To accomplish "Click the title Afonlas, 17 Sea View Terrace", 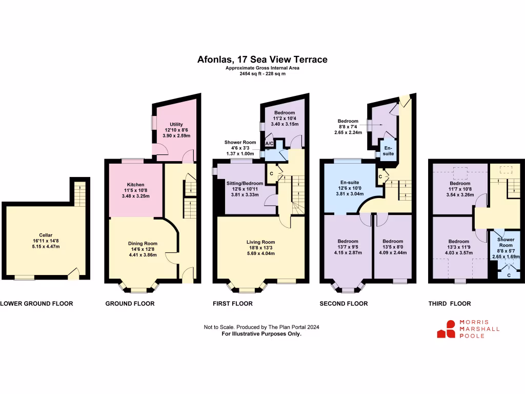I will pyautogui.click(x=262, y=60).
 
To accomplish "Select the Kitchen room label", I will pyautogui.click(x=136, y=185).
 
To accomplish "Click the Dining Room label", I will pyautogui.click(x=143, y=244).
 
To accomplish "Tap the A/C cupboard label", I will pyautogui.click(x=269, y=144).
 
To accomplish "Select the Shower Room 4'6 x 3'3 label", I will pyautogui.click(x=240, y=143).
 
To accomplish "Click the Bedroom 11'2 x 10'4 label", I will pyautogui.click(x=284, y=113).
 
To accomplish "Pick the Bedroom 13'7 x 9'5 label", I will pyautogui.click(x=348, y=241).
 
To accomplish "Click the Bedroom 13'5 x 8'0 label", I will pyautogui.click(x=392, y=241).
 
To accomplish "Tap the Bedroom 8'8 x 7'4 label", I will pyautogui.click(x=348, y=121).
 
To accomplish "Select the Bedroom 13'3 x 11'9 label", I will pyautogui.click(x=458, y=242).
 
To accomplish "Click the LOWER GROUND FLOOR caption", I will pyautogui.click(x=36, y=303).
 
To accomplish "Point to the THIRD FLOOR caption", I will pyautogui.click(x=449, y=303).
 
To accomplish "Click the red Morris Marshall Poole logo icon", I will pyautogui.click(x=446, y=329).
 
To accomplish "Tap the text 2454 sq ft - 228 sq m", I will pyautogui.click(x=262, y=74).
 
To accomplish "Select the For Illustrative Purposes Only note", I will pyautogui.click(x=261, y=333).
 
